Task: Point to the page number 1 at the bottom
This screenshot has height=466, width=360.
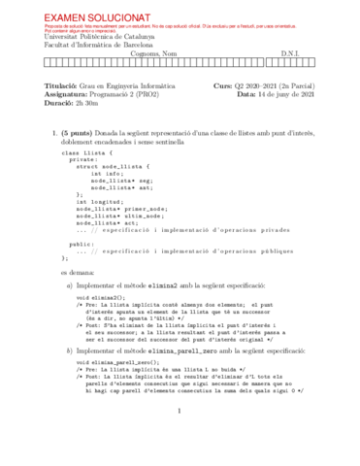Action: (x=180, y=438)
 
